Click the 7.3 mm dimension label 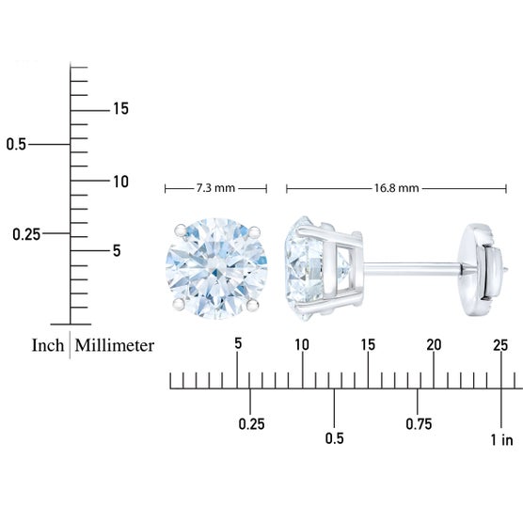(x=215, y=188)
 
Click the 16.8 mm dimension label (x=396, y=188)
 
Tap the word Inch (x=48, y=345)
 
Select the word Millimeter (x=115, y=345)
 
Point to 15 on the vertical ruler (x=120, y=109)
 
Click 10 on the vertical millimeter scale (x=120, y=182)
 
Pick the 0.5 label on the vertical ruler (x=16, y=145)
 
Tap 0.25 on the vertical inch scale (x=26, y=234)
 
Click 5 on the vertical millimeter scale (x=117, y=251)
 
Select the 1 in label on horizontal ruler (x=501, y=440)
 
